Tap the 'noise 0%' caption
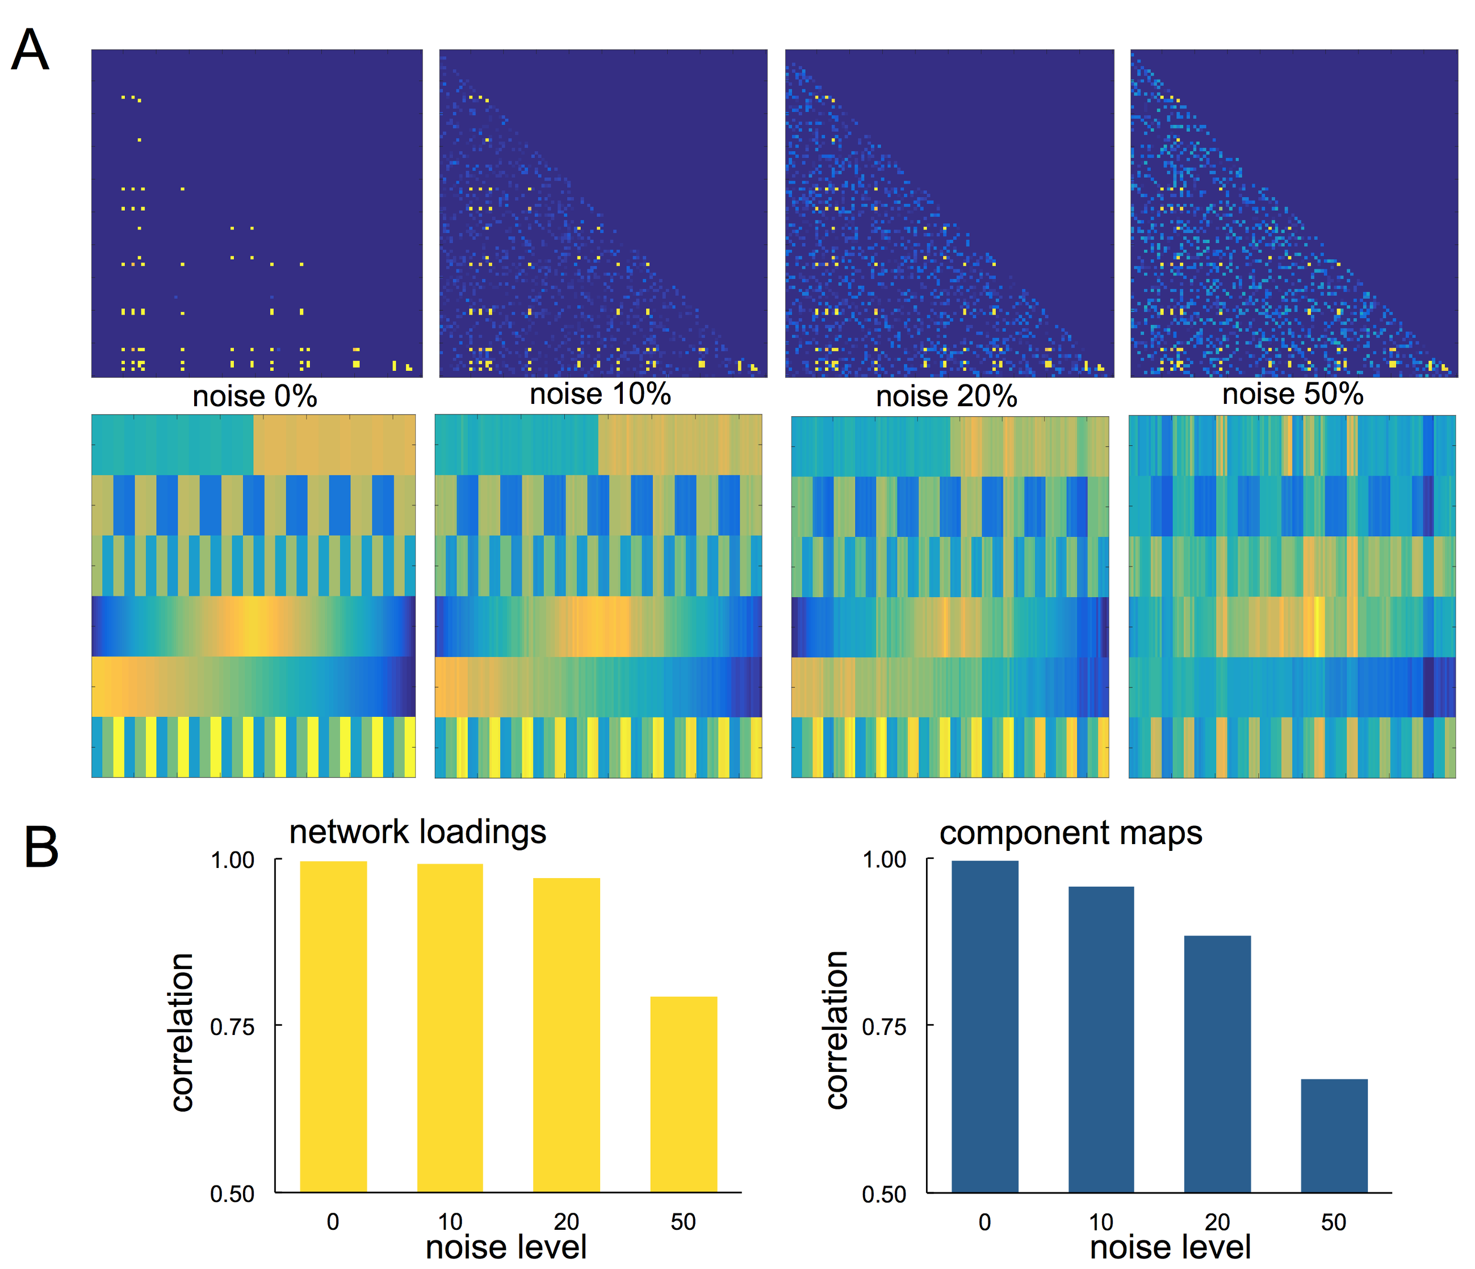click(254, 396)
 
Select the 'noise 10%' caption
click(600, 394)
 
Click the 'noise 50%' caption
click(1293, 394)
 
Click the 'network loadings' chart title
click(418, 832)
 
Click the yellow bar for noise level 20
click(567, 1036)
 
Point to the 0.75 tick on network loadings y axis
click(232, 1027)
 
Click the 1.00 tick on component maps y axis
click(884, 859)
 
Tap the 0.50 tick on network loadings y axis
click(232, 1194)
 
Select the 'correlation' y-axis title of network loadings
click(182, 1032)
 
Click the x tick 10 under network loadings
click(450, 1222)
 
